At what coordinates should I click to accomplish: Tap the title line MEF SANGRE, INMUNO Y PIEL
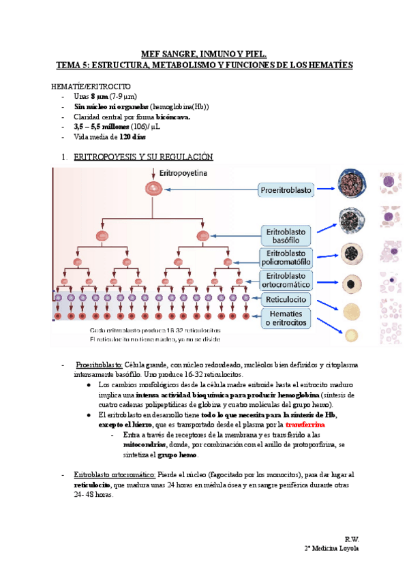point(204,53)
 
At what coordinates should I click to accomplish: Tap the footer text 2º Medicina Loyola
point(331,549)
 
